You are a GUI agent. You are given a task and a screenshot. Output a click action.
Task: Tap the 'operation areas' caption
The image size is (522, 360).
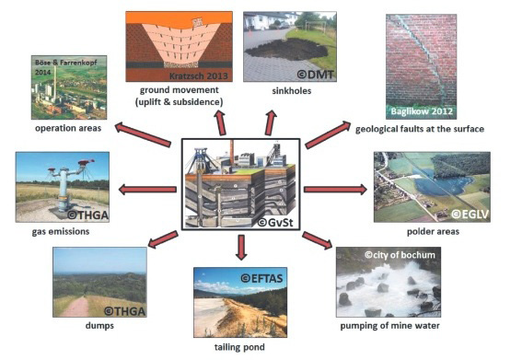(67, 128)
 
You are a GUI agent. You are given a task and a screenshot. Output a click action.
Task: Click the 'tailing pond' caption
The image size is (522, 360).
(240, 350)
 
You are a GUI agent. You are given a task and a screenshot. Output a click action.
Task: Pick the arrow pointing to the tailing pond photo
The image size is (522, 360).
(241, 247)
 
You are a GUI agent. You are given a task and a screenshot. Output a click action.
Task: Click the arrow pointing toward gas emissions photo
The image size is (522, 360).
(147, 190)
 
